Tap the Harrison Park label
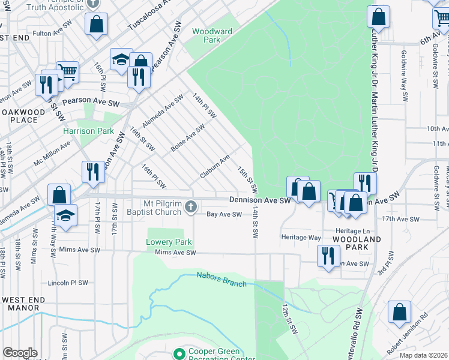89,131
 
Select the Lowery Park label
169,242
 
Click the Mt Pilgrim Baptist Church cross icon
190,207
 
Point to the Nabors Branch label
221,279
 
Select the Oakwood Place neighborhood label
23,116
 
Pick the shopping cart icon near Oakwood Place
68,72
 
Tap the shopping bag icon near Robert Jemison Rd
399,311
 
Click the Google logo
20,353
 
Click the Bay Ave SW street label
224,214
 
